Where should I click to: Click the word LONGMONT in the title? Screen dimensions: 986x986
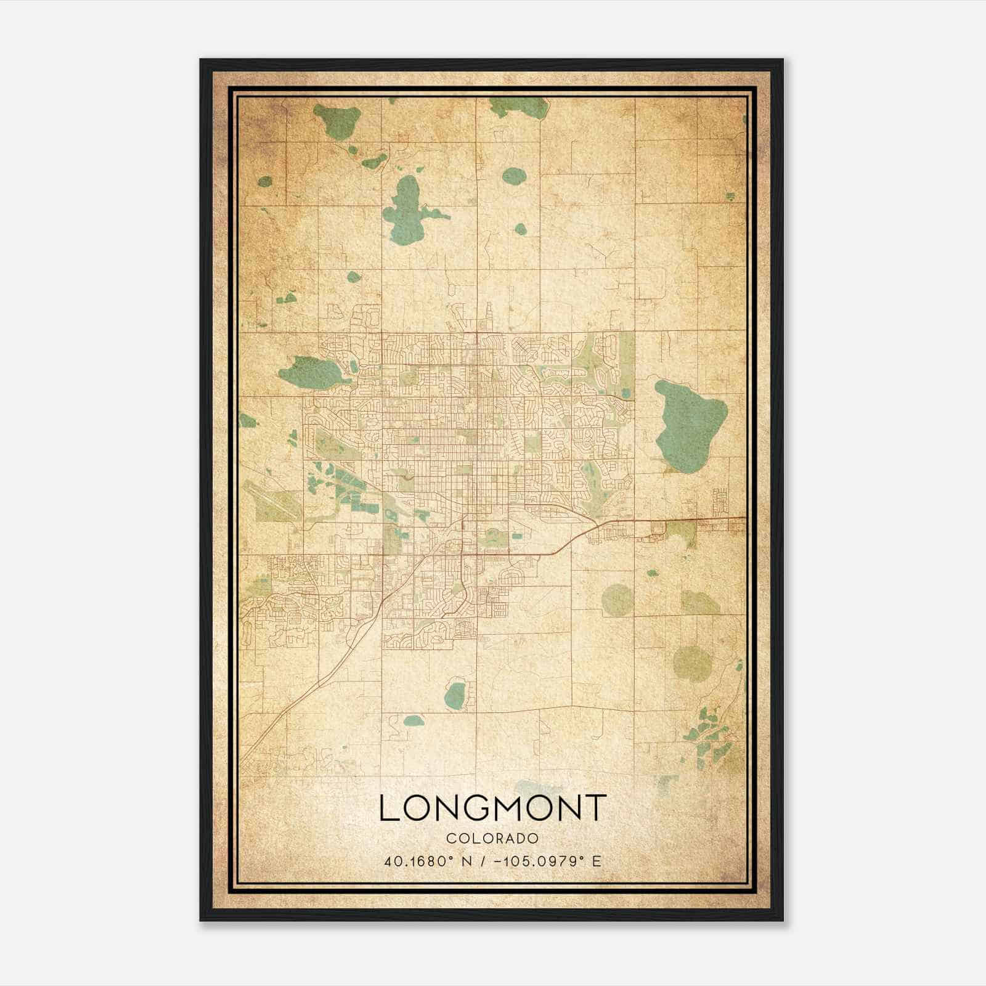(492, 808)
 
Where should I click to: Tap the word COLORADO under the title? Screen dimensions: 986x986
(492, 838)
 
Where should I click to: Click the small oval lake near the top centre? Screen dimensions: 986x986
(513, 177)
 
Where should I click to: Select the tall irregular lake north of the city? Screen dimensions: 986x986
(407, 210)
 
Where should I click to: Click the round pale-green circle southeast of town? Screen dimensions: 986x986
(617, 600)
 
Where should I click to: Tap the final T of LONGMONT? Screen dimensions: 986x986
(595, 808)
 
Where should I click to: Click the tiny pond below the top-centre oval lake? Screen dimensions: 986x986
(521, 229)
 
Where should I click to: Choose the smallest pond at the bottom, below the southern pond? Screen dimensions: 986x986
(414, 720)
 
